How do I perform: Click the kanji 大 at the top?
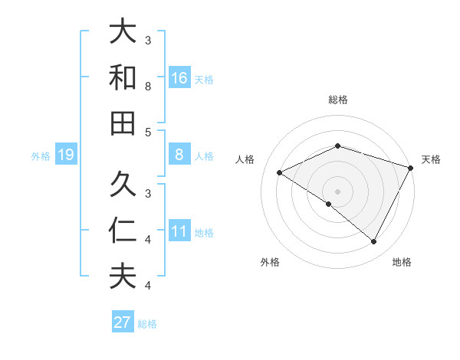tap(123, 32)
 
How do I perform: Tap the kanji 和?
tap(123, 77)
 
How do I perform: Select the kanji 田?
tap(123, 123)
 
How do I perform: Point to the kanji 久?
tap(123, 185)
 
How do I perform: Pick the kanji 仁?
tap(123, 230)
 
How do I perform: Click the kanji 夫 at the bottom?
tap(123, 276)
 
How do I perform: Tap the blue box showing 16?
tap(179, 77)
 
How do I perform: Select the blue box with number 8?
tap(179, 155)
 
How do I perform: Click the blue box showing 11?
tap(179, 231)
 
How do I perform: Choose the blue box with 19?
tap(66, 155)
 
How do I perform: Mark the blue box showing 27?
tap(123, 322)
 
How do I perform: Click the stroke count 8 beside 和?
tap(149, 87)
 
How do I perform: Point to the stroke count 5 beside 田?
tap(149, 132)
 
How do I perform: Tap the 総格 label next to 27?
tap(148, 324)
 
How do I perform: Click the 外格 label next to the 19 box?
tap(41, 156)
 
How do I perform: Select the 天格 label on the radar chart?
tap(431, 159)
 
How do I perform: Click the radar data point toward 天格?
tap(411, 167)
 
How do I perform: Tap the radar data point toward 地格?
tap(373, 241)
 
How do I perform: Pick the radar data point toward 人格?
tap(279, 172)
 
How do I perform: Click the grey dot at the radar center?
tap(337, 191)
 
